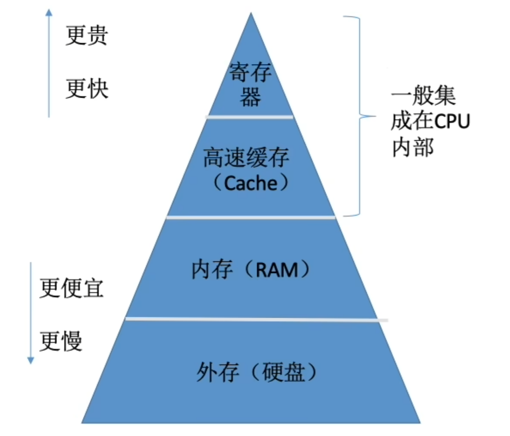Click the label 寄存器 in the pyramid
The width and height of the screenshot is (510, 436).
pos(250,85)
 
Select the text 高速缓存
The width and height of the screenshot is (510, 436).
pos(246,159)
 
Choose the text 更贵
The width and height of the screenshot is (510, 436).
pos(86,36)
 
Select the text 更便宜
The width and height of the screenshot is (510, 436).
pos(71,288)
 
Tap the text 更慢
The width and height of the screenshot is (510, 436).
pos(61,341)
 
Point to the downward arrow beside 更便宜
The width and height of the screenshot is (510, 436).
pos(31,312)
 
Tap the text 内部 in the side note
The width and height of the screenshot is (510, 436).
pos(413,149)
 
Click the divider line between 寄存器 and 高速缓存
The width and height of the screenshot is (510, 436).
pos(250,117)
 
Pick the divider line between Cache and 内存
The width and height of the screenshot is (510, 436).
pos(251,217)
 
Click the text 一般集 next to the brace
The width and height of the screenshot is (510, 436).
pos(423,97)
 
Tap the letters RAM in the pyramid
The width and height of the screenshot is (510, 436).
pos(277,270)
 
